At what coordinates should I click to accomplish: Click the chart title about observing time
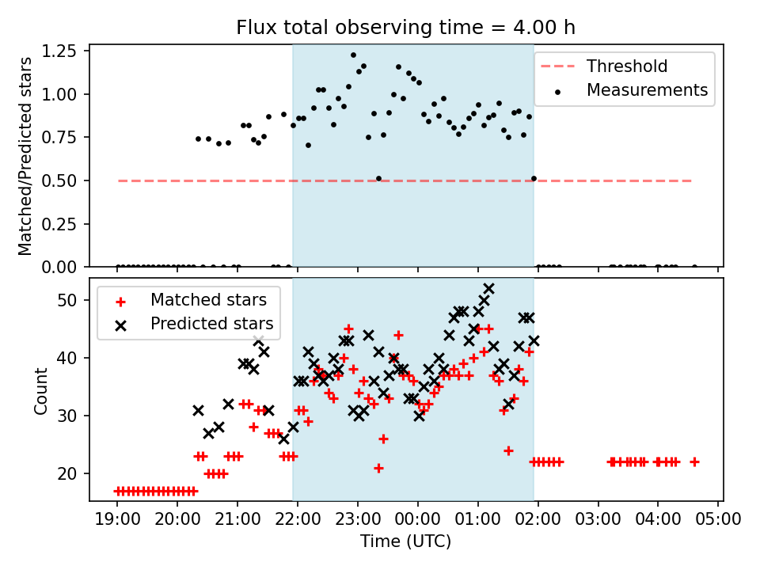pyautogui.click(x=405, y=28)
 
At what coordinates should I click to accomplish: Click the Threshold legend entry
pyautogui.click(x=626, y=66)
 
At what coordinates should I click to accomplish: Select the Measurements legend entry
pyautogui.click(x=647, y=90)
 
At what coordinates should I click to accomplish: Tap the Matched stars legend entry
pyautogui.click(x=208, y=300)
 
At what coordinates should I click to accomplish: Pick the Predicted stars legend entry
pyautogui.click(x=211, y=323)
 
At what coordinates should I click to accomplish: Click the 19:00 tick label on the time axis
pyautogui.click(x=117, y=521)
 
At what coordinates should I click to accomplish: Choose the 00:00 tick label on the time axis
pyautogui.click(x=417, y=521)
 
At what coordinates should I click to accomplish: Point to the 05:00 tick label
pyautogui.click(x=717, y=521)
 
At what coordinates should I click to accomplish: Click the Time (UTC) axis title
pyautogui.click(x=405, y=542)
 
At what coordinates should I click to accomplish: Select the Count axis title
pyautogui.click(x=40, y=391)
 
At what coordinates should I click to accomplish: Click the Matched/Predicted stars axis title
pyautogui.click(x=25, y=156)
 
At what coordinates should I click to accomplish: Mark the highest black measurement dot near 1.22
pyautogui.click(x=353, y=55)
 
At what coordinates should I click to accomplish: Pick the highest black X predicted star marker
pyautogui.click(x=488, y=289)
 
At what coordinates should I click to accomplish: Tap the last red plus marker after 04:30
pyautogui.click(x=694, y=462)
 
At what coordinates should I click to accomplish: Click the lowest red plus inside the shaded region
pyautogui.click(x=378, y=468)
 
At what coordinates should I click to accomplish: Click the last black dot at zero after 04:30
pyautogui.click(x=694, y=267)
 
